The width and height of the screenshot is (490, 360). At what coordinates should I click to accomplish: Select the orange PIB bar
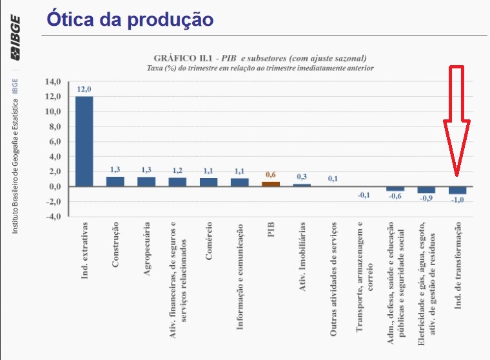coord(271,184)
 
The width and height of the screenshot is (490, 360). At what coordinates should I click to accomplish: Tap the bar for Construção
coord(115,181)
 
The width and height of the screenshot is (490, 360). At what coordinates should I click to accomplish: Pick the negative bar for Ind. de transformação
coord(457,190)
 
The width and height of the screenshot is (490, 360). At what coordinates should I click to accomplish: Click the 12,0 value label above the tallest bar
coord(84,89)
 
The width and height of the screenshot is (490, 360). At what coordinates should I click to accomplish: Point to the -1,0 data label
coord(457,200)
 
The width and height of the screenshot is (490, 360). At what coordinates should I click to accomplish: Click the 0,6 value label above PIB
coord(271,175)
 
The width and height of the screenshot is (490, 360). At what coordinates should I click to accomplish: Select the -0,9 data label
coord(426,199)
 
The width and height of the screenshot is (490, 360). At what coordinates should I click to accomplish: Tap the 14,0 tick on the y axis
coord(52,81)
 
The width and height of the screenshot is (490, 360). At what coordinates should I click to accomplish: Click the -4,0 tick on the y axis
coord(52,216)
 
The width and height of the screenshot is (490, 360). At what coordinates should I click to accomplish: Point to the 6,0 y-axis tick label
coord(53,141)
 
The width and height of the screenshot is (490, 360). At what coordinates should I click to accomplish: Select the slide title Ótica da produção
coord(130,18)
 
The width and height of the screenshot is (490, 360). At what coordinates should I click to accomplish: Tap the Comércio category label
coord(209,242)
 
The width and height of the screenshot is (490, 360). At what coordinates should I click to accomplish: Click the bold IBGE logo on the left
coord(14,39)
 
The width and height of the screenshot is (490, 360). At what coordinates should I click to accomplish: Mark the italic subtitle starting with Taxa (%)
coord(260,67)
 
